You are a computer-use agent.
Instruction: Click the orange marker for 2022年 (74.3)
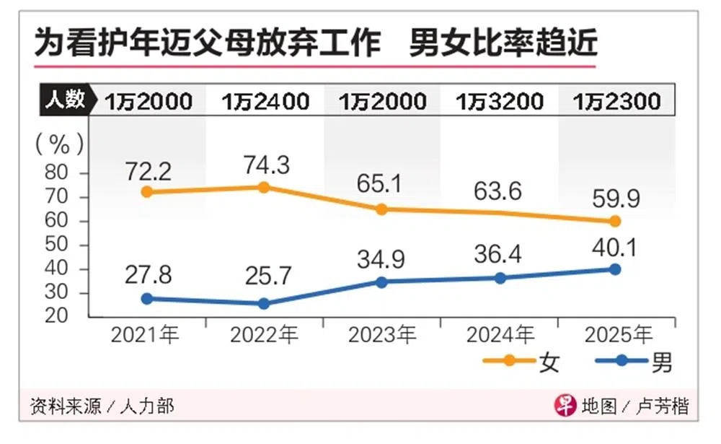tap(263, 187)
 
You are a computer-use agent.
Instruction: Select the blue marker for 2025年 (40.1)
tap(615, 269)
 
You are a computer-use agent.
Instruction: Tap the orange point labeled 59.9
tap(615, 221)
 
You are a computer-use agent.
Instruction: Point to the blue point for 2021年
tap(147, 298)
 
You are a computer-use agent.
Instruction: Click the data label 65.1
tap(381, 184)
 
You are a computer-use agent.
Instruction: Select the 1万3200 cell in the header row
tap(499, 101)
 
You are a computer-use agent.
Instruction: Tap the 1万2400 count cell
tap(265, 101)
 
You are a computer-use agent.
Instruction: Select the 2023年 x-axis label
tap(381, 334)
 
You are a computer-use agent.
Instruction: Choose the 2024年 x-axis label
tap(500, 334)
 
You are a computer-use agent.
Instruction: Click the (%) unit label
tap(61, 144)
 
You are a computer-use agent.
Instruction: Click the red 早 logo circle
tap(564, 406)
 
